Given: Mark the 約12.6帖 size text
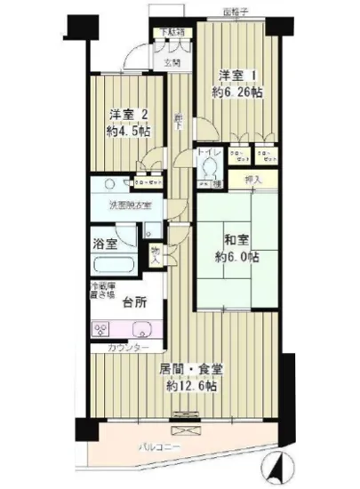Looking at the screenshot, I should (x=191, y=387).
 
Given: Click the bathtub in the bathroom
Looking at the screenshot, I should (x=111, y=267).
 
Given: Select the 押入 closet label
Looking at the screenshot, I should (x=253, y=180).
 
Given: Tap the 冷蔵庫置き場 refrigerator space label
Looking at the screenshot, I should (x=101, y=290).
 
